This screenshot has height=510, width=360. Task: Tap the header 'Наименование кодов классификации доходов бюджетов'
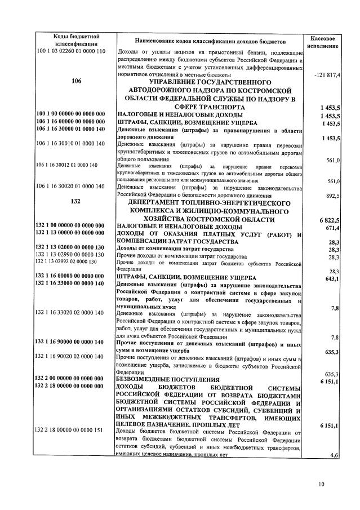[211, 41]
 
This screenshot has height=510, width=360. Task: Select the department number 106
[77, 81]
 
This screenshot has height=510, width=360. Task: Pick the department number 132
[77, 201]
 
